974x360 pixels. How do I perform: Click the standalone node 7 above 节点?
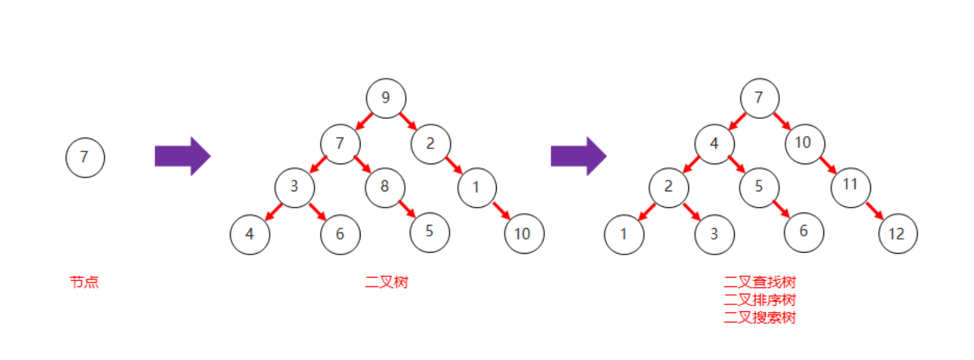tap(85, 157)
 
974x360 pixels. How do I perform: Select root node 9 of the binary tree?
tap(386, 98)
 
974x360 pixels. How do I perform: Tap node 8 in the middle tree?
tap(385, 187)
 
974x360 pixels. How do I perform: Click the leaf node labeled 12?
tap(897, 234)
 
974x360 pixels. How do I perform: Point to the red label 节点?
tap(84, 282)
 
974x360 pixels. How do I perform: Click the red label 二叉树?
tap(386, 282)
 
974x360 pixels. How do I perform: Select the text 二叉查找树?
tap(760, 282)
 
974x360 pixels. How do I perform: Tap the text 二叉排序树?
tap(760, 300)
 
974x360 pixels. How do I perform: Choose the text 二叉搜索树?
tap(760, 317)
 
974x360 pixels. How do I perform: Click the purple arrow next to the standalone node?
tap(182, 156)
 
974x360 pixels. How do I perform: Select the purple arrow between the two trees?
tap(578, 156)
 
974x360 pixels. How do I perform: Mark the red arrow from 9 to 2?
tap(408, 121)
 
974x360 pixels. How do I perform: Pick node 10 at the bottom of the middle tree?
tap(524, 234)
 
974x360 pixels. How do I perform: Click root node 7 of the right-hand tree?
tap(760, 98)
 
